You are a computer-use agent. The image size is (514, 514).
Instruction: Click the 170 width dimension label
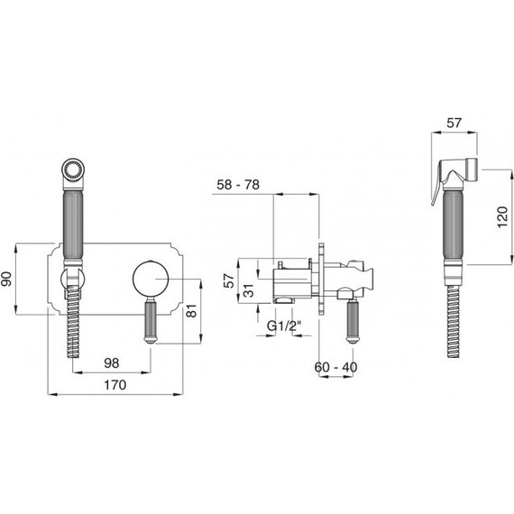[x=115, y=385]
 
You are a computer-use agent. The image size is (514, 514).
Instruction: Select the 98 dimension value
[x=112, y=363]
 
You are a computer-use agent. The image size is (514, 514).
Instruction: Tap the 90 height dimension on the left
[x=6, y=279]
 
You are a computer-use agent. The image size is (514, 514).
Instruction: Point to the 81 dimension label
[x=191, y=311]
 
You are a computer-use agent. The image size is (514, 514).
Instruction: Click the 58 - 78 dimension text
[x=238, y=185]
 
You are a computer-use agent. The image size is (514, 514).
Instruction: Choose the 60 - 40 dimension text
[x=335, y=367]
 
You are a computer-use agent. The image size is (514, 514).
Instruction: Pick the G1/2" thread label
[x=284, y=326]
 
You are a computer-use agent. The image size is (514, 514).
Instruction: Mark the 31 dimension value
[x=250, y=290]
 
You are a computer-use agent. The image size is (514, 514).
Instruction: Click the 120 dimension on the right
[x=502, y=216]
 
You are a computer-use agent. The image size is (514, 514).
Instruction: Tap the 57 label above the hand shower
[x=454, y=123]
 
